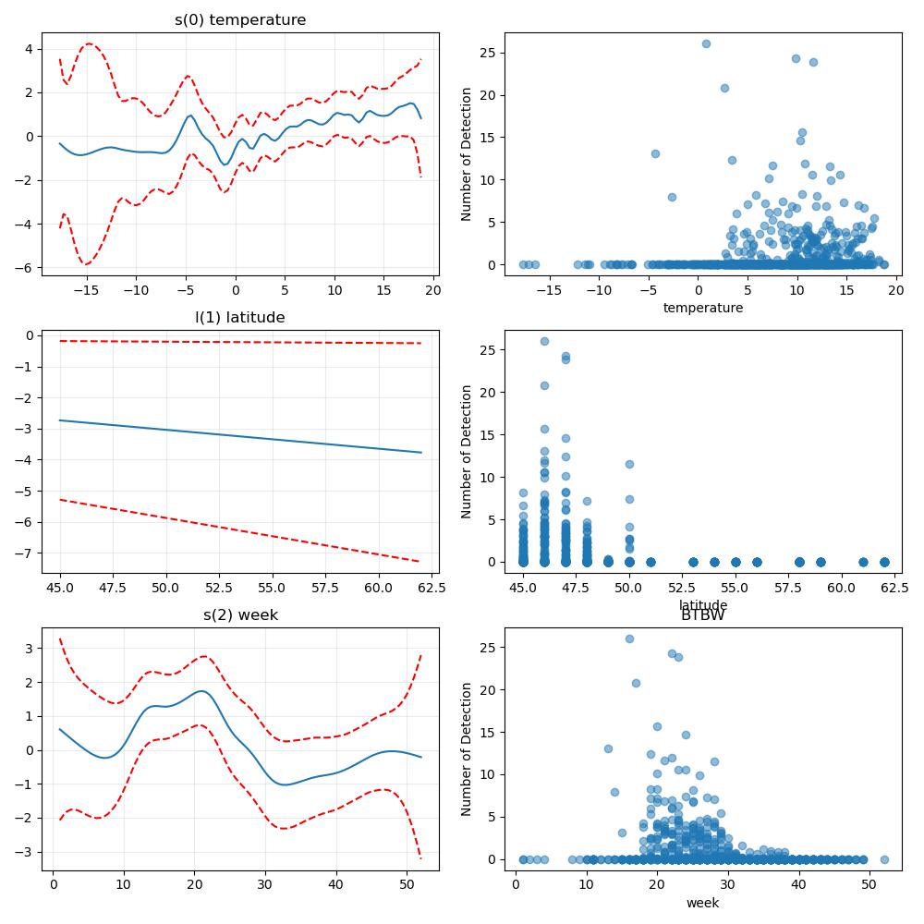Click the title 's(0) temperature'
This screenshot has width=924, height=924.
pyautogui.click(x=240, y=20)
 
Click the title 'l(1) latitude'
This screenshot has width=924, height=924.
pyautogui.click(x=240, y=318)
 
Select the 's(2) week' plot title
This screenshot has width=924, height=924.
pyautogui.click(x=240, y=615)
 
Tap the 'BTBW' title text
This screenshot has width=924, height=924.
pyautogui.click(x=703, y=615)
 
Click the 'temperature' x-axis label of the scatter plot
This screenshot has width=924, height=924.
pyautogui.click(x=703, y=308)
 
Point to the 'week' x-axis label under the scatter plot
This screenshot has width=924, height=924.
pyautogui.click(x=702, y=903)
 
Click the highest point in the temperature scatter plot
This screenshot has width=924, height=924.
pyautogui.click(x=706, y=44)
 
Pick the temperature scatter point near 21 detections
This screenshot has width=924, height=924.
pyautogui.click(x=724, y=89)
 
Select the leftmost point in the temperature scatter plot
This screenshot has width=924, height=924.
pyautogui.click(x=523, y=264)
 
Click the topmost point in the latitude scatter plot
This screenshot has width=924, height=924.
pyautogui.click(x=544, y=342)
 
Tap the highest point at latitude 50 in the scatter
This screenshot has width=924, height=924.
pyautogui.click(x=629, y=465)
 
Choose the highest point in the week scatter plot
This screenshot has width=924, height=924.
pyautogui.click(x=629, y=639)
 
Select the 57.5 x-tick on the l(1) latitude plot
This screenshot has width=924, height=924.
pyautogui.click(x=324, y=588)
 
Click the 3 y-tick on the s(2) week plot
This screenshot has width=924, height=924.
pyautogui.click(x=30, y=649)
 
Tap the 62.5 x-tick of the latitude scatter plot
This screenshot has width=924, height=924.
pyautogui.click(x=894, y=588)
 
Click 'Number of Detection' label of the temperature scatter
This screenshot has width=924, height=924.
pyautogui.click(x=466, y=154)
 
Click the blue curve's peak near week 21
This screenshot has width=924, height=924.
pyautogui.click(x=201, y=691)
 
